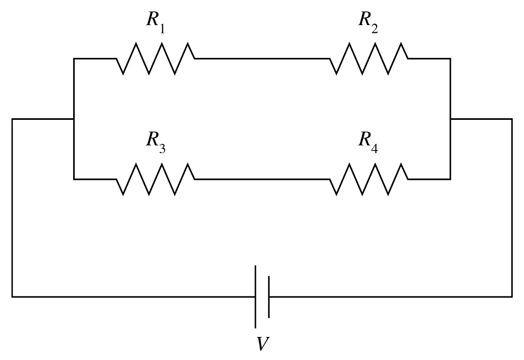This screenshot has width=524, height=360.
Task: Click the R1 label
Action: pos(156,22)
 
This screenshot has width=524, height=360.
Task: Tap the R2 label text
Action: pos(368,22)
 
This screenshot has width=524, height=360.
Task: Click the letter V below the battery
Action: pos(262,343)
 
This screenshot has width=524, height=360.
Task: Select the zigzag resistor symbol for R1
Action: pos(156,59)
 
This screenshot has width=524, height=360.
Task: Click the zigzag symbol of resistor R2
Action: pos(368,59)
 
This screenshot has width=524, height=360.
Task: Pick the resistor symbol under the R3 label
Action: pos(156,179)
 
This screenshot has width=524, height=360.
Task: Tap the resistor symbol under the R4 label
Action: pos(368,179)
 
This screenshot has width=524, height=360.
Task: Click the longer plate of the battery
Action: pos(255,297)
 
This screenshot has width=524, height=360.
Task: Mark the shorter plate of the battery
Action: pos(268,297)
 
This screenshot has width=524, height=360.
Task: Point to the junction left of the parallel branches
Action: pos(74,119)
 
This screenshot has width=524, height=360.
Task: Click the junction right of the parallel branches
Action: pos(450,119)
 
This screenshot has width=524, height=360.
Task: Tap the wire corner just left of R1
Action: pos(74,59)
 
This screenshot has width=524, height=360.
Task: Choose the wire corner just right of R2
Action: pos(450,59)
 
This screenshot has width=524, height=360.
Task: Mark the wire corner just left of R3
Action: pos(74,179)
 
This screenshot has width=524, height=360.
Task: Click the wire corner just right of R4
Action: pos(450,179)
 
